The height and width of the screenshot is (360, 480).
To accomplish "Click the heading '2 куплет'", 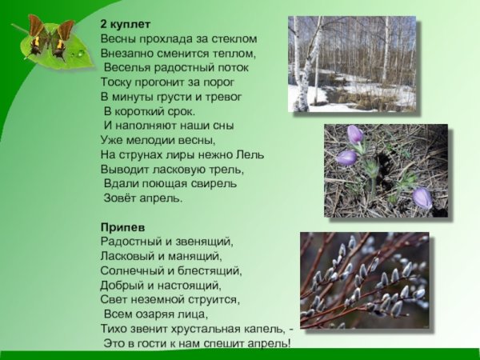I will point(126,24).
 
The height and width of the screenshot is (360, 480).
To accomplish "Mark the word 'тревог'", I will point(223,96).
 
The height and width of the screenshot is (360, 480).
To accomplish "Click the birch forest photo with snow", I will point(352,63).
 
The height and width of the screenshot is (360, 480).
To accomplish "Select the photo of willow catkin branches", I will point(364,279).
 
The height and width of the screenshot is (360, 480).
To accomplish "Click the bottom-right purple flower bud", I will point(422,197).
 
